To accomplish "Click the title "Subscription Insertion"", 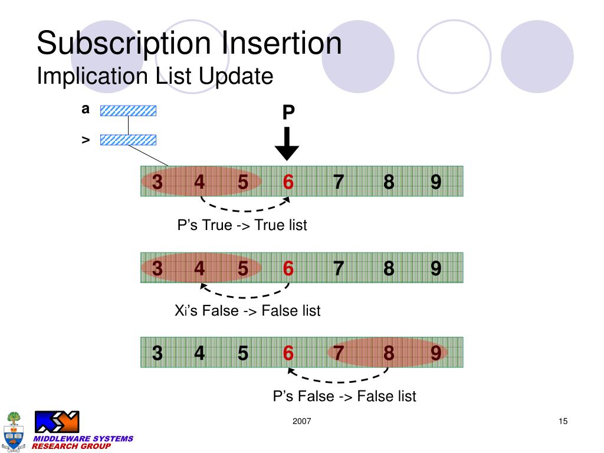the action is pyautogui.click(x=189, y=44).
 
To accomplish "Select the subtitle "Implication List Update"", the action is pyautogui.click(x=155, y=76).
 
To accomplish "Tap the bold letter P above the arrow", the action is pyautogui.click(x=288, y=112).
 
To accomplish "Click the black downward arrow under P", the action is pyautogui.click(x=287, y=144).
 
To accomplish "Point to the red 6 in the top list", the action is pyautogui.click(x=288, y=182).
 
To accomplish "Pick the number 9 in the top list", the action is pyautogui.click(x=436, y=182).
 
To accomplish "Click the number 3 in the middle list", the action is pyautogui.click(x=157, y=268).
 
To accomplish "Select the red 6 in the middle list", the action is pyautogui.click(x=288, y=268).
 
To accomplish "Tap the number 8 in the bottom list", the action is pyautogui.click(x=388, y=353).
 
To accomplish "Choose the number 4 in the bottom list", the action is pyautogui.click(x=199, y=353).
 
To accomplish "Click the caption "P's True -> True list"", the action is pyautogui.click(x=242, y=225).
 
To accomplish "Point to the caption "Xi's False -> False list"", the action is pyautogui.click(x=248, y=310).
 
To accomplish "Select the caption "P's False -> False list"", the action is pyautogui.click(x=344, y=396).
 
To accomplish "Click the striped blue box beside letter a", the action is pyautogui.click(x=128, y=110).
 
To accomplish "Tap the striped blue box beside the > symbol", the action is pyautogui.click(x=128, y=140).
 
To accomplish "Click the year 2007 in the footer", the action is pyautogui.click(x=301, y=421).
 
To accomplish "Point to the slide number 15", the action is pyautogui.click(x=562, y=421).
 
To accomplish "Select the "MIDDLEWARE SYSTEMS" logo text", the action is pyautogui.click(x=83, y=438).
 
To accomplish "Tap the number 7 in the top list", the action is pyautogui.click(x=338, y=182).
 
